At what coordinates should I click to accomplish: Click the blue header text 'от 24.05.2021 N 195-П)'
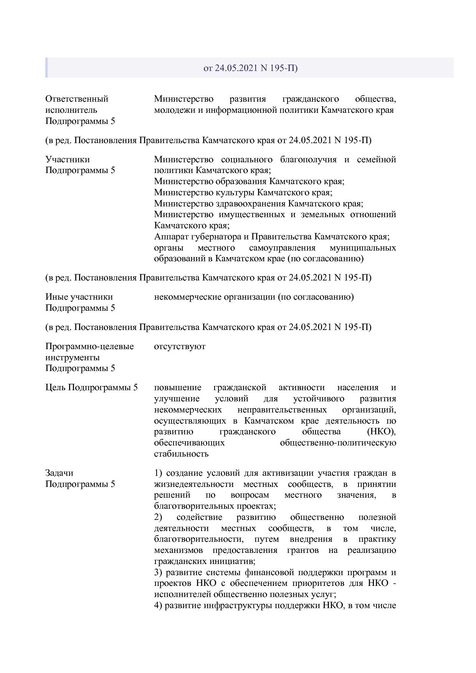point(250,68)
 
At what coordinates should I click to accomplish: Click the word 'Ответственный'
point(77,99)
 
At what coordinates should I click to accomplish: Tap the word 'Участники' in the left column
point(68,159)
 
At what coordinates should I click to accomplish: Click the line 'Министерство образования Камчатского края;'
point(249,181)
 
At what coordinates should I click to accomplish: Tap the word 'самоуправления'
point(282,248)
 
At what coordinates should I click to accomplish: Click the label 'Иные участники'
point(79,297)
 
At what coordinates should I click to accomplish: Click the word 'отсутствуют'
point(180,346)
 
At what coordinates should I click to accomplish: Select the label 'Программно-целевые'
point(89,346)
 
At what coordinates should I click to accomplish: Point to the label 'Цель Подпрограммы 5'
point(91,388)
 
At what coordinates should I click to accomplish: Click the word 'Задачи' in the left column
point(59,473)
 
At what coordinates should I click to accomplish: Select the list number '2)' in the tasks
point(159,517)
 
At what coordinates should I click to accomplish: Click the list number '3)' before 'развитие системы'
point(159,572)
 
